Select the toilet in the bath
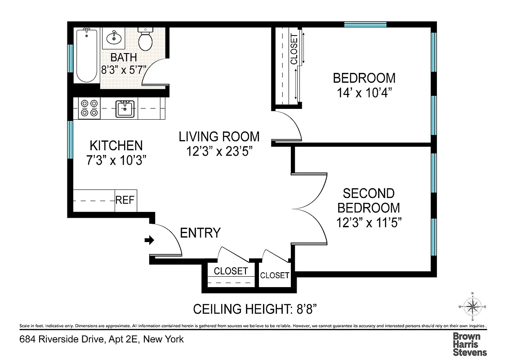145,39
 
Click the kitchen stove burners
89,108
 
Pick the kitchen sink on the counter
125,108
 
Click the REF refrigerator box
125,200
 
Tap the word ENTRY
200,233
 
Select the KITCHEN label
116,146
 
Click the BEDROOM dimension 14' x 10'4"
364,93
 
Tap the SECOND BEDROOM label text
369,201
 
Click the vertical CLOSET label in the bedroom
294,49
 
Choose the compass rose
472,307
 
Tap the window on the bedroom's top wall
362,24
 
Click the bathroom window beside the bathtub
70,58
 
